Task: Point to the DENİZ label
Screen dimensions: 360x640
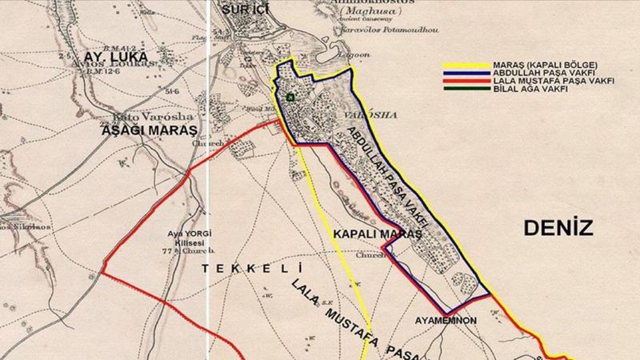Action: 558,229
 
